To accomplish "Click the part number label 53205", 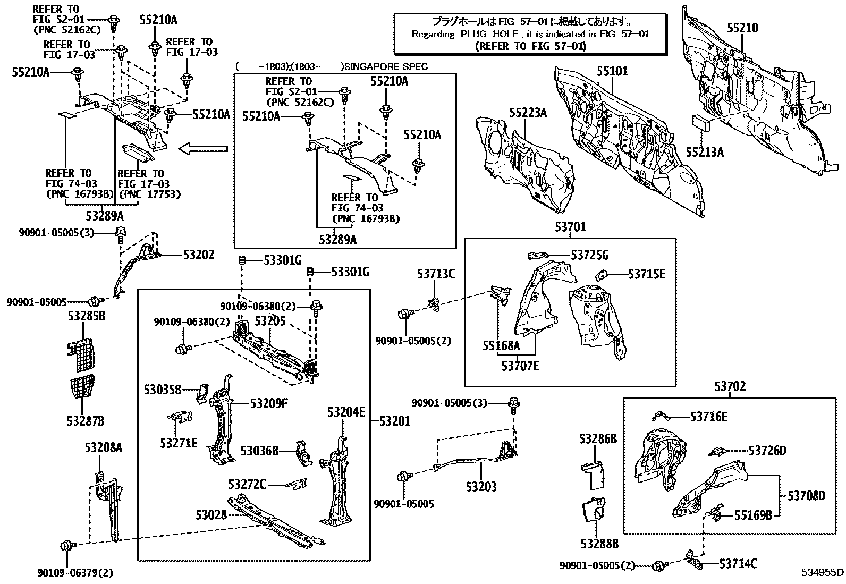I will click(270, 320).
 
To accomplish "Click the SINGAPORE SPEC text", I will click(386, 67).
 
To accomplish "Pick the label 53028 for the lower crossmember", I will click(211, 514).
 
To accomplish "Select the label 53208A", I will click(103, 447).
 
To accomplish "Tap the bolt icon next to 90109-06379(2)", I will click(67, 546).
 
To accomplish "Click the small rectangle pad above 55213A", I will click(701, 122).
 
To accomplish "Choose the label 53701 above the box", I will click(570, 227).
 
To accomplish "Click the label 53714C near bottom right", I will click(738, 564).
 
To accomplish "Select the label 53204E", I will click(346, 412).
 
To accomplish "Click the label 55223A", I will click(528, 113).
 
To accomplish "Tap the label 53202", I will click(199, 255).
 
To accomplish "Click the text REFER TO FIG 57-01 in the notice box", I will click(529, 46).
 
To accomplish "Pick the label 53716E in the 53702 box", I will click(709, 417).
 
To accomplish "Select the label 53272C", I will click(247, 484).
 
